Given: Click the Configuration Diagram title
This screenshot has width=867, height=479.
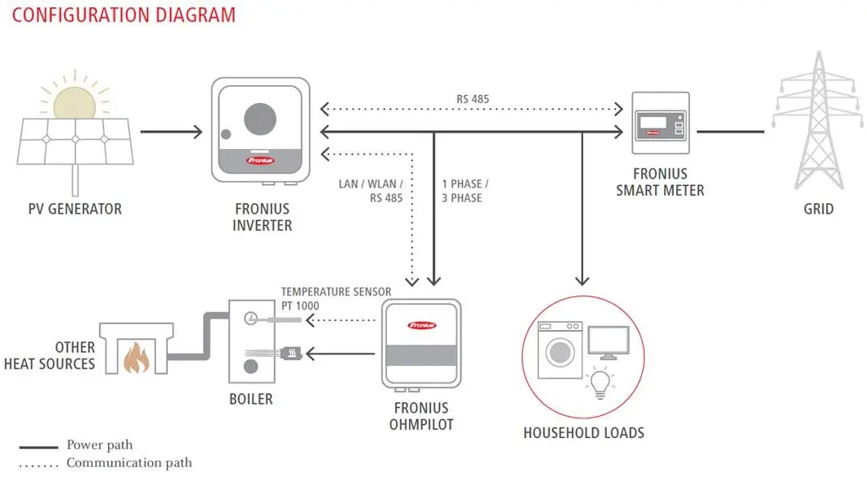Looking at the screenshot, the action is [124, 15].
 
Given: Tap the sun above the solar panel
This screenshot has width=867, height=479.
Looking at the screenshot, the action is [74, 103].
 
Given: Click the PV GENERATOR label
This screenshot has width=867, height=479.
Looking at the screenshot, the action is [74, 209].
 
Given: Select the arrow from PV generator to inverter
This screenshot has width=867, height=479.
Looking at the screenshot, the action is [172, 132].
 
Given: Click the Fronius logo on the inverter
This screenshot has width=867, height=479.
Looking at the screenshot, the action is [260, 160].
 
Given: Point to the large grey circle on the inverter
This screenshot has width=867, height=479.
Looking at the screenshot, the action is [260, 119].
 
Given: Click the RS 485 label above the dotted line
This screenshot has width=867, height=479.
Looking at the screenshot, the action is [473, 99].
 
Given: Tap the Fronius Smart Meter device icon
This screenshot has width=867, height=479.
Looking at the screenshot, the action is [661, 123].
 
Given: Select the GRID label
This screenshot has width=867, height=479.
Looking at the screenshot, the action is [819, 209].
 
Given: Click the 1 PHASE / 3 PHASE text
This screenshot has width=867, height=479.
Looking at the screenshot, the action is [465, 191].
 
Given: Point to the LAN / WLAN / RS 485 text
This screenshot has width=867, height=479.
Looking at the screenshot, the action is [371, 191].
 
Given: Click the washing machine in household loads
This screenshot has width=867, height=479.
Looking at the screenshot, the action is [559, 350].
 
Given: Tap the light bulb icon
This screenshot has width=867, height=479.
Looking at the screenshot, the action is [600, 384].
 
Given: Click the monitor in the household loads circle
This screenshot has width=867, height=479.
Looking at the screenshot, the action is [609, 343].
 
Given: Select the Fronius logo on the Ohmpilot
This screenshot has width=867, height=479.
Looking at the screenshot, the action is [422, 325].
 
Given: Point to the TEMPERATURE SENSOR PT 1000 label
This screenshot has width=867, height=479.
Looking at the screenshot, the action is [336, 299].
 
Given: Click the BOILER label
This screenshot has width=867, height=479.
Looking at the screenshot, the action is [251, 399].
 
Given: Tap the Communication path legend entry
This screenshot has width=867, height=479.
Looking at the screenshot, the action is [106, 463].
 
